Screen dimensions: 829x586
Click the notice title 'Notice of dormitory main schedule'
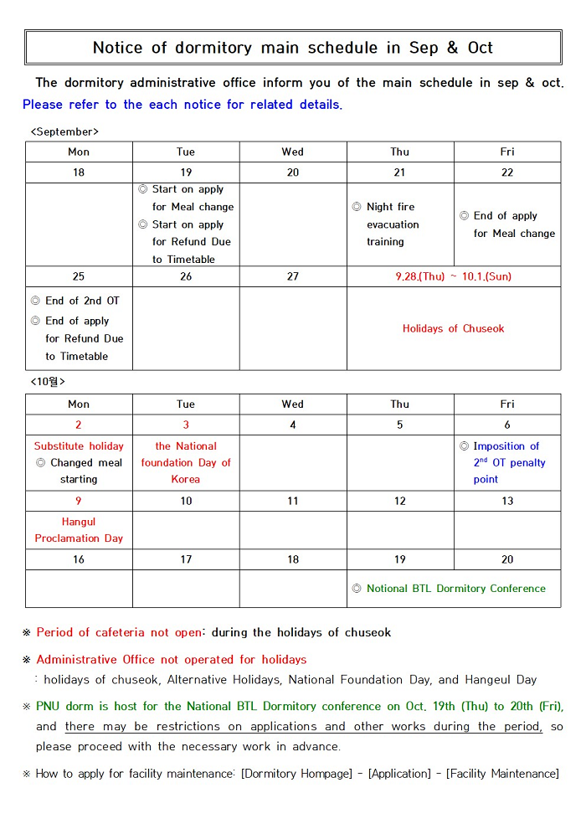point(292,48)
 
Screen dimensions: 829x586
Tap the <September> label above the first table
point(64,132)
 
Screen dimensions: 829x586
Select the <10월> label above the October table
point(48,382)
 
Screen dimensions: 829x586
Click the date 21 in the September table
point(399,172)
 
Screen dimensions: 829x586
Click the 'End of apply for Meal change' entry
point(507,224)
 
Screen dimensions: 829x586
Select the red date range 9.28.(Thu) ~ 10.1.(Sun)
point(453,276)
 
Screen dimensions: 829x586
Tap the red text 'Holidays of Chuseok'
point(453,329)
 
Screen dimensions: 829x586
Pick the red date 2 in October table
point(79,425)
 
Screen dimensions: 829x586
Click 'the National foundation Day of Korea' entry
point(186,463)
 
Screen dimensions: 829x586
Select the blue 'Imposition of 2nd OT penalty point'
point(508,463)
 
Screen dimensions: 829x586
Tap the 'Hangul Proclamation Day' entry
point(79,530)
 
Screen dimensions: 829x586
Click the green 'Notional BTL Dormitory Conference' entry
point(455,589)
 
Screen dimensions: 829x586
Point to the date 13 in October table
point(507,501)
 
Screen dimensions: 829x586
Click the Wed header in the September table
point(293,152)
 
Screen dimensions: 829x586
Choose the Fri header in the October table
point(507,404)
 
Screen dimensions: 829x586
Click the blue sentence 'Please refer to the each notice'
point(182,105)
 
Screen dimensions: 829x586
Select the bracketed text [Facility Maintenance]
point(502,774)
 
